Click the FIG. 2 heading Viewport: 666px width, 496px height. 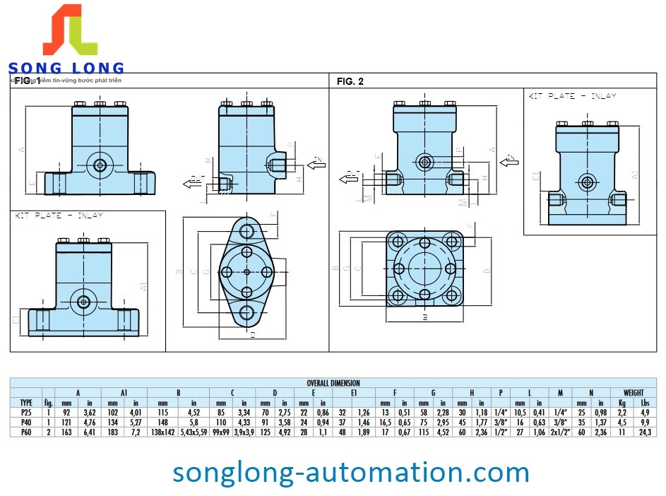350,82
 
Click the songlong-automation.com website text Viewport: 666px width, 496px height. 351,471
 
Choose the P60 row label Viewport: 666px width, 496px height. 26,432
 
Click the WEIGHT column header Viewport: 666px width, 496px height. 634,392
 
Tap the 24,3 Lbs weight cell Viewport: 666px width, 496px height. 645,432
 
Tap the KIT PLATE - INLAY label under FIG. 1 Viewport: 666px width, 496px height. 59,215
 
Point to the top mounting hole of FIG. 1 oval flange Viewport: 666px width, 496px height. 246,230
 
